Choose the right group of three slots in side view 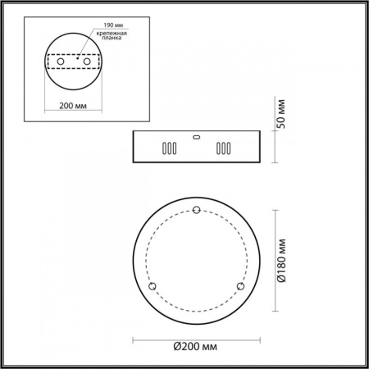(222, 150)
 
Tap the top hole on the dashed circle (195, 212)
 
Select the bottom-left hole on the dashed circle (152, 285)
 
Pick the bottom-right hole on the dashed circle (239, 285)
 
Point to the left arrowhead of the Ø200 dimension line (134, 338)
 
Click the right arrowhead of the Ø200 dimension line (257, 338)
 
